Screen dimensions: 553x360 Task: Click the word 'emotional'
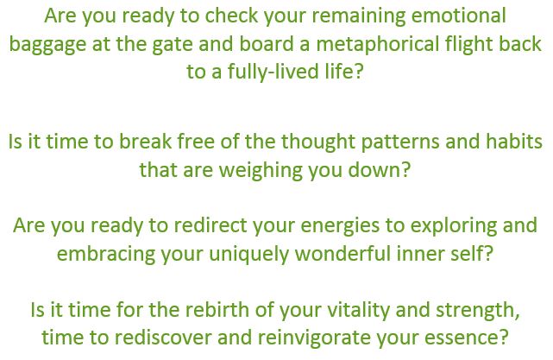[458, 16]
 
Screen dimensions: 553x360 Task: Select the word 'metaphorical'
[378, 45]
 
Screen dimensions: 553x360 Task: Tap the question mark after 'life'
[358, 72]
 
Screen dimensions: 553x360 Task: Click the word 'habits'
[514, 142]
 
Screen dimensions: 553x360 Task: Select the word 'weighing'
[261, 171]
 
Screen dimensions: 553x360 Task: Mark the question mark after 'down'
[405, 170]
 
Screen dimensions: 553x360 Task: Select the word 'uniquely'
[248, 255]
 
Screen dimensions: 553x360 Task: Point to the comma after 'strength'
[517, 316]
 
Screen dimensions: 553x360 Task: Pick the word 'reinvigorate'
[314, 338]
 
